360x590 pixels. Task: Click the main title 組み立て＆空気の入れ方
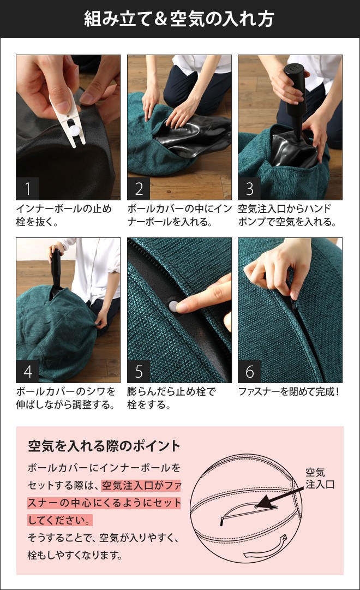[179, 20]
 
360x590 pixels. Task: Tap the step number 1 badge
[27, 189]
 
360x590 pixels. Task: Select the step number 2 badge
[139, 189]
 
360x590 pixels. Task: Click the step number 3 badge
[249, 189]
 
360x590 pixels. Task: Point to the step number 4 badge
[27, 372]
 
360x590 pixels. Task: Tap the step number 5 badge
[139, 372]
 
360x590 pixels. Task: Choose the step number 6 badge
[249, 372]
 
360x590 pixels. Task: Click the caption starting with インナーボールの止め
[64, 215]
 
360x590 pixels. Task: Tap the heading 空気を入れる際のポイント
[104, 446]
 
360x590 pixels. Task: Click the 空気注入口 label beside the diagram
[320, 478]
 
